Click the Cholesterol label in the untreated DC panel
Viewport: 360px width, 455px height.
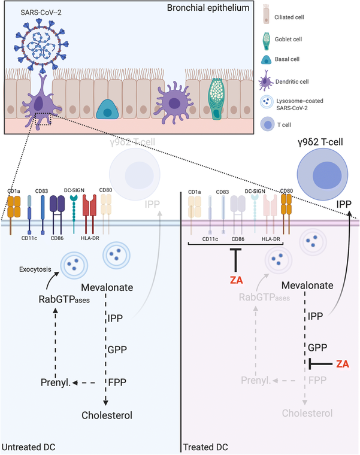click(x=107, y=414)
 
